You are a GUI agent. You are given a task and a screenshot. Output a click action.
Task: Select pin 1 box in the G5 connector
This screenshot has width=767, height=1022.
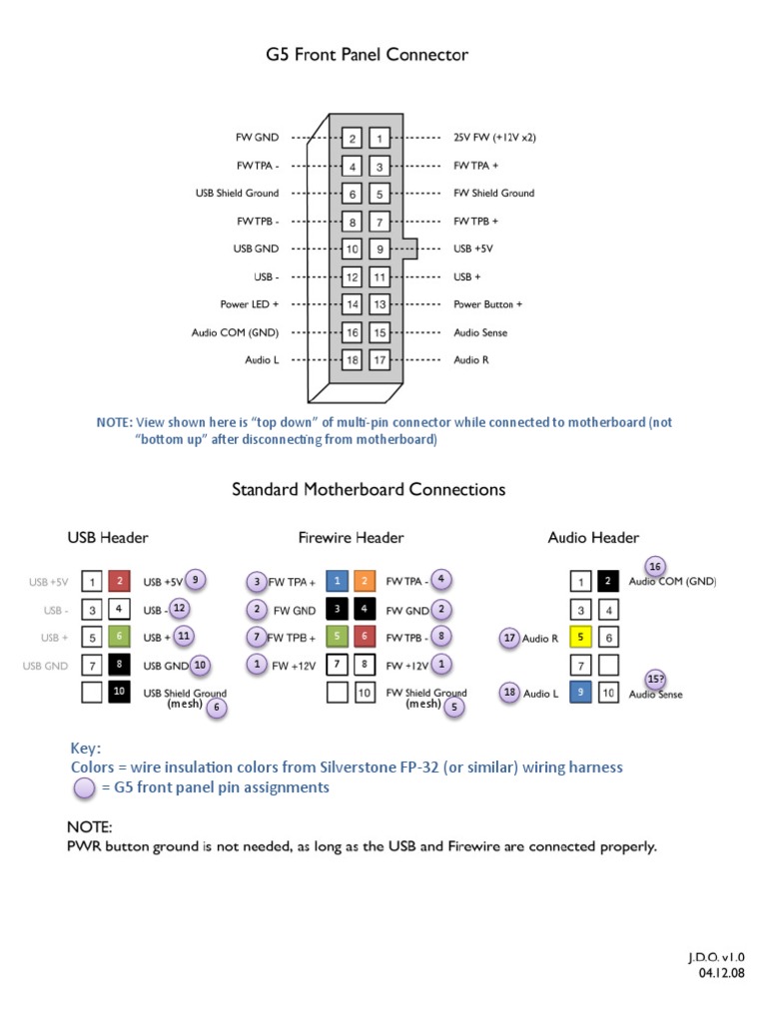tap(380, 138)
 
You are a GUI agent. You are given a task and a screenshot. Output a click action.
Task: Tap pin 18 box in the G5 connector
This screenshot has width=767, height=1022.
tap(353, 360)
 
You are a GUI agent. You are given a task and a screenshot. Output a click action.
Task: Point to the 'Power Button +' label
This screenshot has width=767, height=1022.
tap(487, 304)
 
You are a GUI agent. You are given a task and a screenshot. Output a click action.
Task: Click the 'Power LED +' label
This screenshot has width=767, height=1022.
tap(250, 304)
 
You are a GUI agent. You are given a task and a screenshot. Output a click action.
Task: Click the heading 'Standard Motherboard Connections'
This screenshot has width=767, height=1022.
tap(369, 490)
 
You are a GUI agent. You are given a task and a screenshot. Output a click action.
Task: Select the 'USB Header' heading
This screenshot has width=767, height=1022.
tap(108, 538)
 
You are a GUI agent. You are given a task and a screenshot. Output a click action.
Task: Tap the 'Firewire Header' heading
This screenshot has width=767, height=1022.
tap(351, 538)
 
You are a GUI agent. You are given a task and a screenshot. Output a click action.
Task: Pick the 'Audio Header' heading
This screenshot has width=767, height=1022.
tap(593, 538)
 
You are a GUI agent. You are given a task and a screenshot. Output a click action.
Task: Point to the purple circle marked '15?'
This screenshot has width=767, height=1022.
tap(655, 678)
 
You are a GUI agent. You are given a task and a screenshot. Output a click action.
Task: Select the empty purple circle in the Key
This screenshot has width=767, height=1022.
tap(86, 787)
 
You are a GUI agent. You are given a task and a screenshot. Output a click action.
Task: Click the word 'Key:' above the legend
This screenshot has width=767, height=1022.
tap(86, 748)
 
